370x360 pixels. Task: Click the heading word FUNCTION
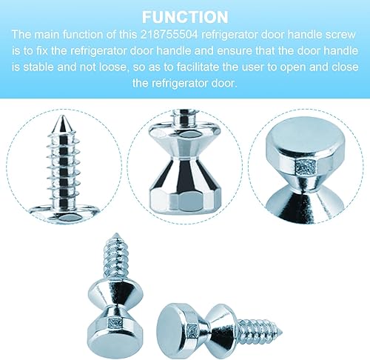tap(185, 16)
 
